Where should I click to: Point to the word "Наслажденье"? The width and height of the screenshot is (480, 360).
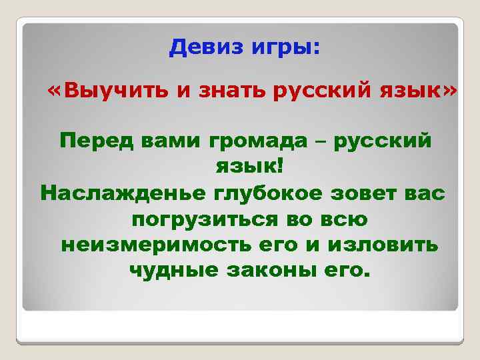pos(122,193)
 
